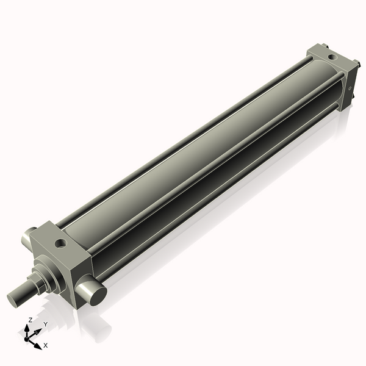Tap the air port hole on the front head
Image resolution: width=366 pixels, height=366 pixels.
point(60,244)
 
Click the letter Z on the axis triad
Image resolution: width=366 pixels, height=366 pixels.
point(30,320)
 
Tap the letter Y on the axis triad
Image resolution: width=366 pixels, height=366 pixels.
point(45,325)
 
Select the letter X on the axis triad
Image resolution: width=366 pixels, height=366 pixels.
point(46,345)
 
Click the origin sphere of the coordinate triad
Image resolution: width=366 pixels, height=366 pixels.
point(27,339)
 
